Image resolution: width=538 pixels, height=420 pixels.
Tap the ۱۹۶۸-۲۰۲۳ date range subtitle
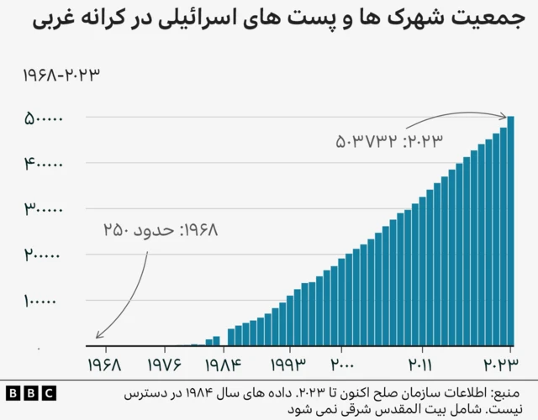(x=61, y=75)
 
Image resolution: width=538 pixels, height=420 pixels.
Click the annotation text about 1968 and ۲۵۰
(x=160, y=229)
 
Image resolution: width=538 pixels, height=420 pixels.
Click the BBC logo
(x=30, y=393)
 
